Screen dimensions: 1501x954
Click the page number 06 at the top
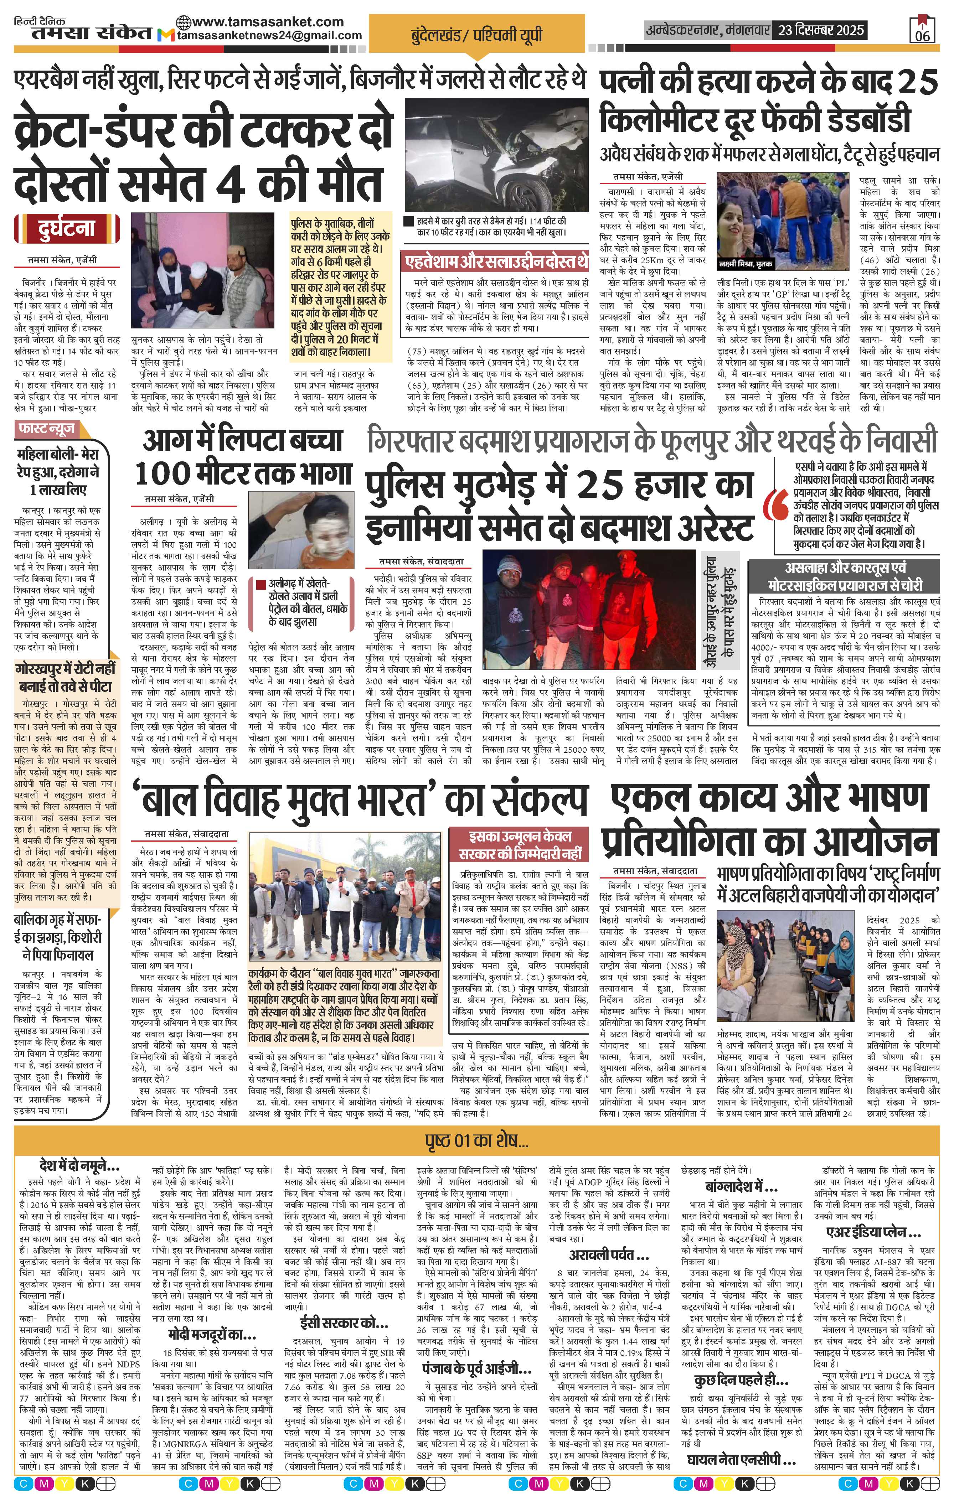point(922,36)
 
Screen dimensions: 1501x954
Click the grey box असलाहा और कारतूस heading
point(845,576)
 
